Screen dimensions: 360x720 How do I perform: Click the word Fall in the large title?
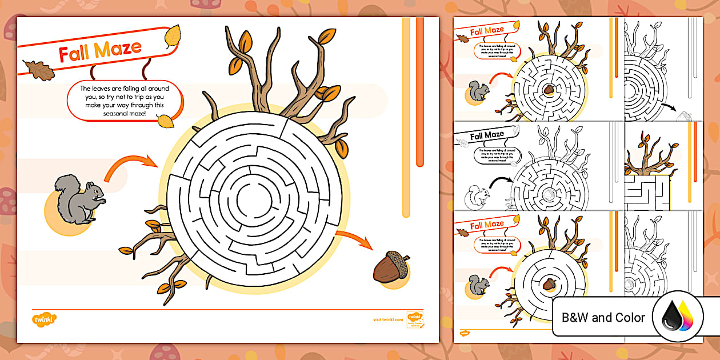coord(75,53)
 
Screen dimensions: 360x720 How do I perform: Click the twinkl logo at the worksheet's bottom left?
coord(43,317)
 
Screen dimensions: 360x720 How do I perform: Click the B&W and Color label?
coord(603,318)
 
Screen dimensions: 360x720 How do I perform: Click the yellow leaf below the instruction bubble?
coord(166,121)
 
